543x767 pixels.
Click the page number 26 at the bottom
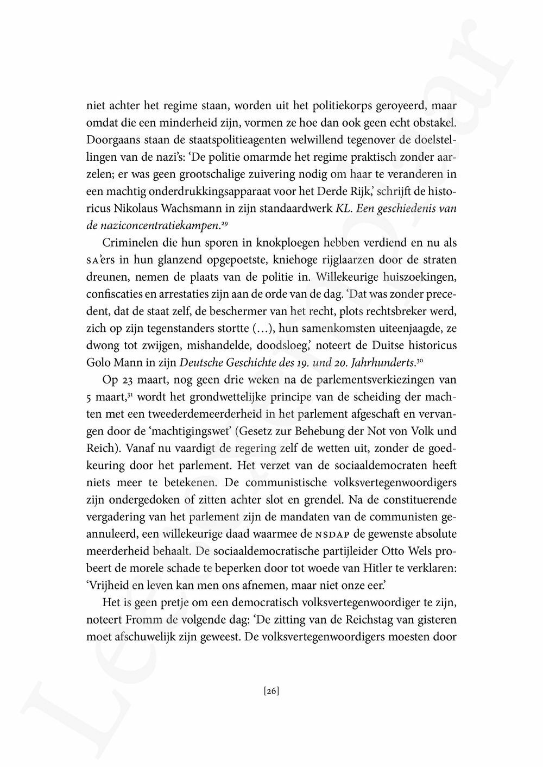pyautogui.click(x=271, y=691)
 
